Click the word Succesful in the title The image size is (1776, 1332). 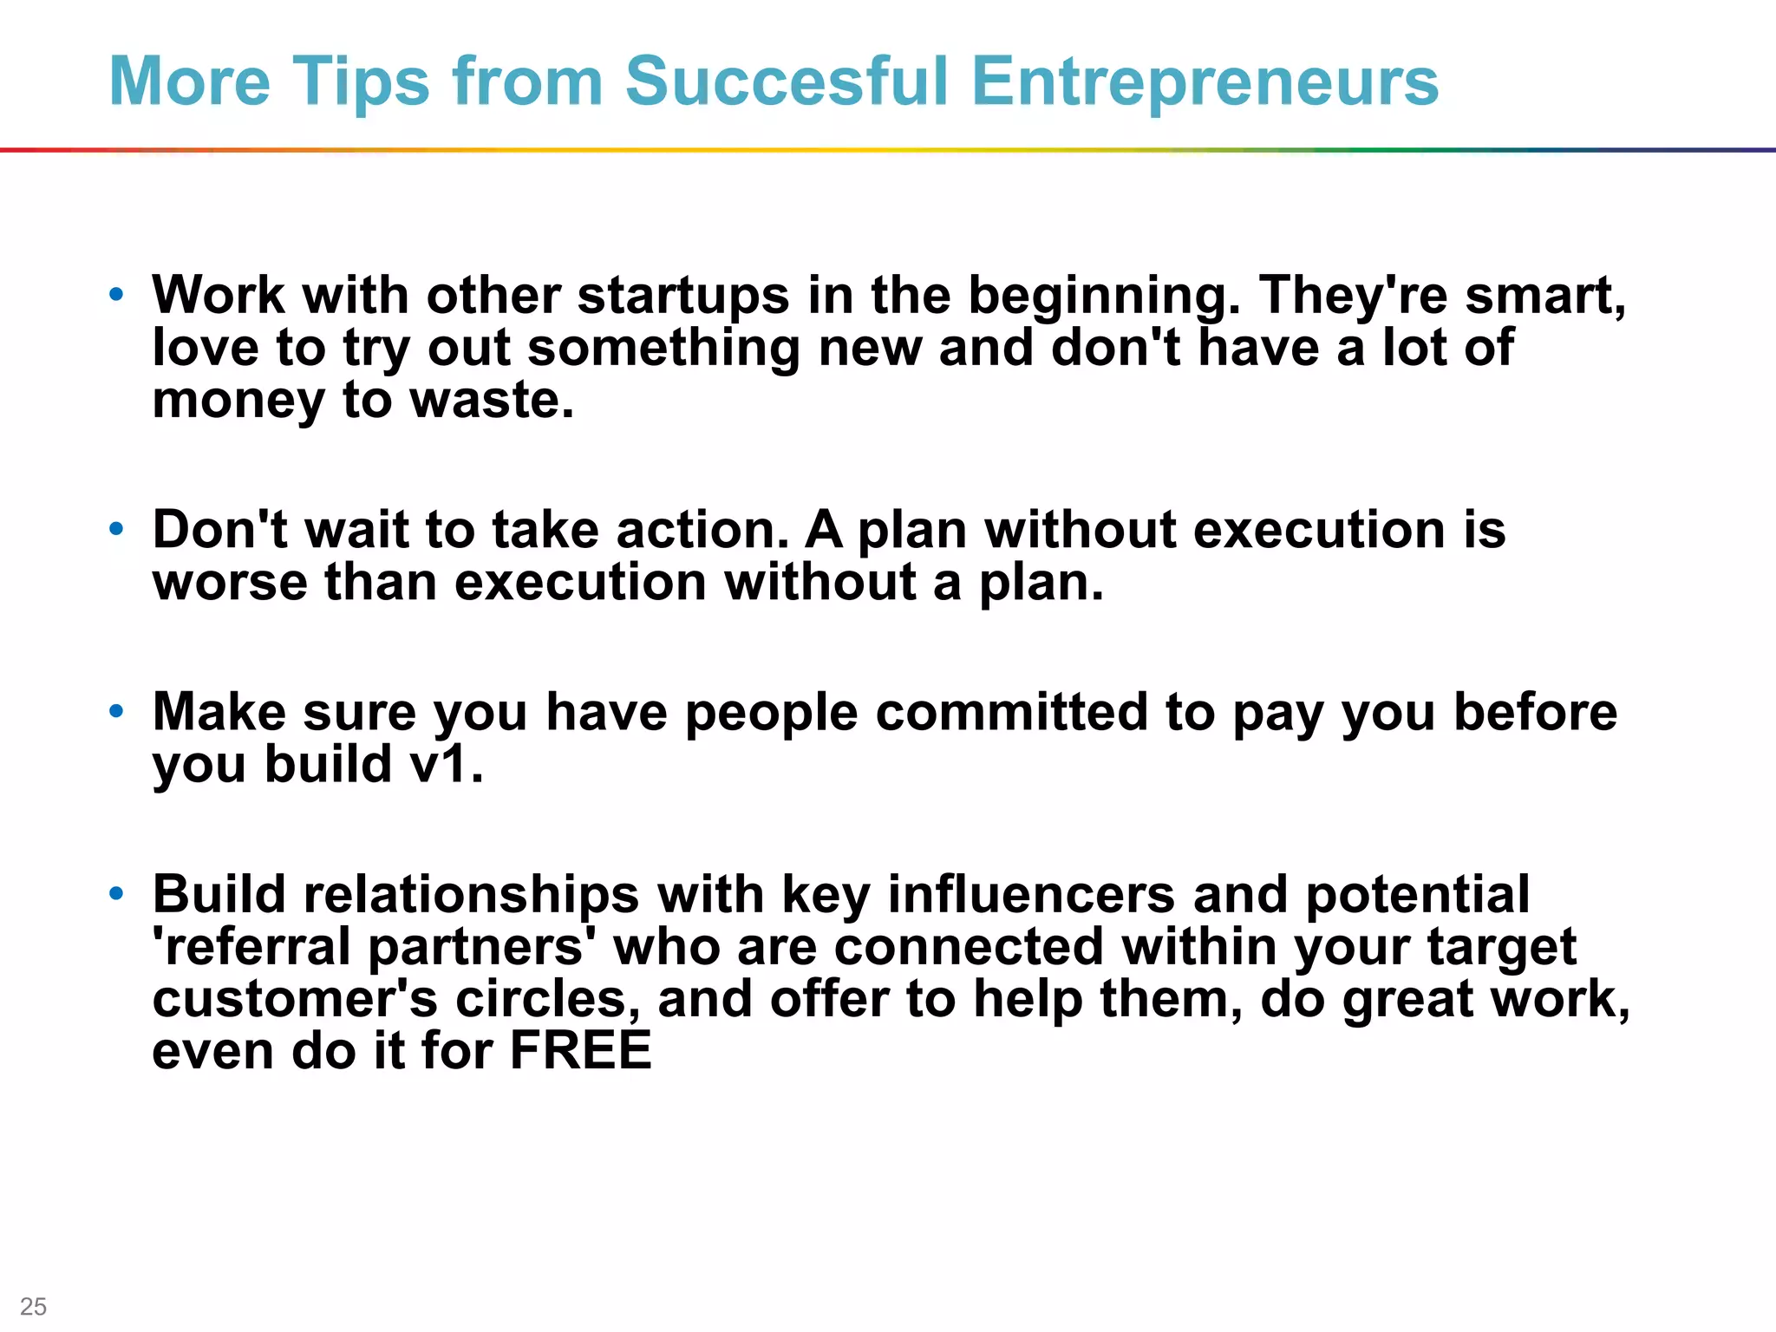[787, 81]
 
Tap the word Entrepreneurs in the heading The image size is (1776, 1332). [1205, 82]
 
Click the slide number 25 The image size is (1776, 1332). [34, 1306]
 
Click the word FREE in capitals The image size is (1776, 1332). [580, 1050]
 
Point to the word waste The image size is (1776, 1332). [490, 400]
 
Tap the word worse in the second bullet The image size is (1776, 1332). [230, 582]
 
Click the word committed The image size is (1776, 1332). [1011, 712]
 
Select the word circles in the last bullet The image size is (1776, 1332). [548, 999]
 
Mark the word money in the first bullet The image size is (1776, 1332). [238, 402]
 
